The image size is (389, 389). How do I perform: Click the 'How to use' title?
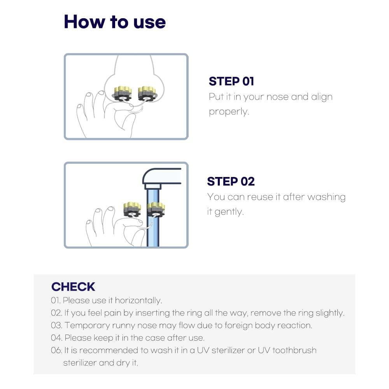pyautogui.click(x=115, y=22)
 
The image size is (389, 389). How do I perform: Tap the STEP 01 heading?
pyautogui.click(x=231, y=81)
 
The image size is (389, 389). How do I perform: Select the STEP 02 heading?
pyautogui.click(x=231, y=181)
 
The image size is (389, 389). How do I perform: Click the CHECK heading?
pyautogui.click(x=73, y=287)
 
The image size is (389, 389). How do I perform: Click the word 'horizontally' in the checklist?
pyautogui.click(x=138, y=300)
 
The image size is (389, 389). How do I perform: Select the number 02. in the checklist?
pyautogui.click(x=56, y=313)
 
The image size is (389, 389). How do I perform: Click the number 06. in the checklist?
pyautogui.click(x=56, y=350)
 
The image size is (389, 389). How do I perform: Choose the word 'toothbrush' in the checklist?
pyautogui.click(x=294, y=350)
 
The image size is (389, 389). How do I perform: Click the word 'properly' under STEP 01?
pyautogui.click(x=229, y=112)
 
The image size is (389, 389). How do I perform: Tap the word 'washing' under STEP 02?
pyautogui.click(x=326, y=197)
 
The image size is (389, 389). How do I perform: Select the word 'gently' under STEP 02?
pyautogui.click(x=229, y=212)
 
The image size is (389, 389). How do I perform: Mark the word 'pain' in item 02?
pyautogui.click(x=113, y=313)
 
